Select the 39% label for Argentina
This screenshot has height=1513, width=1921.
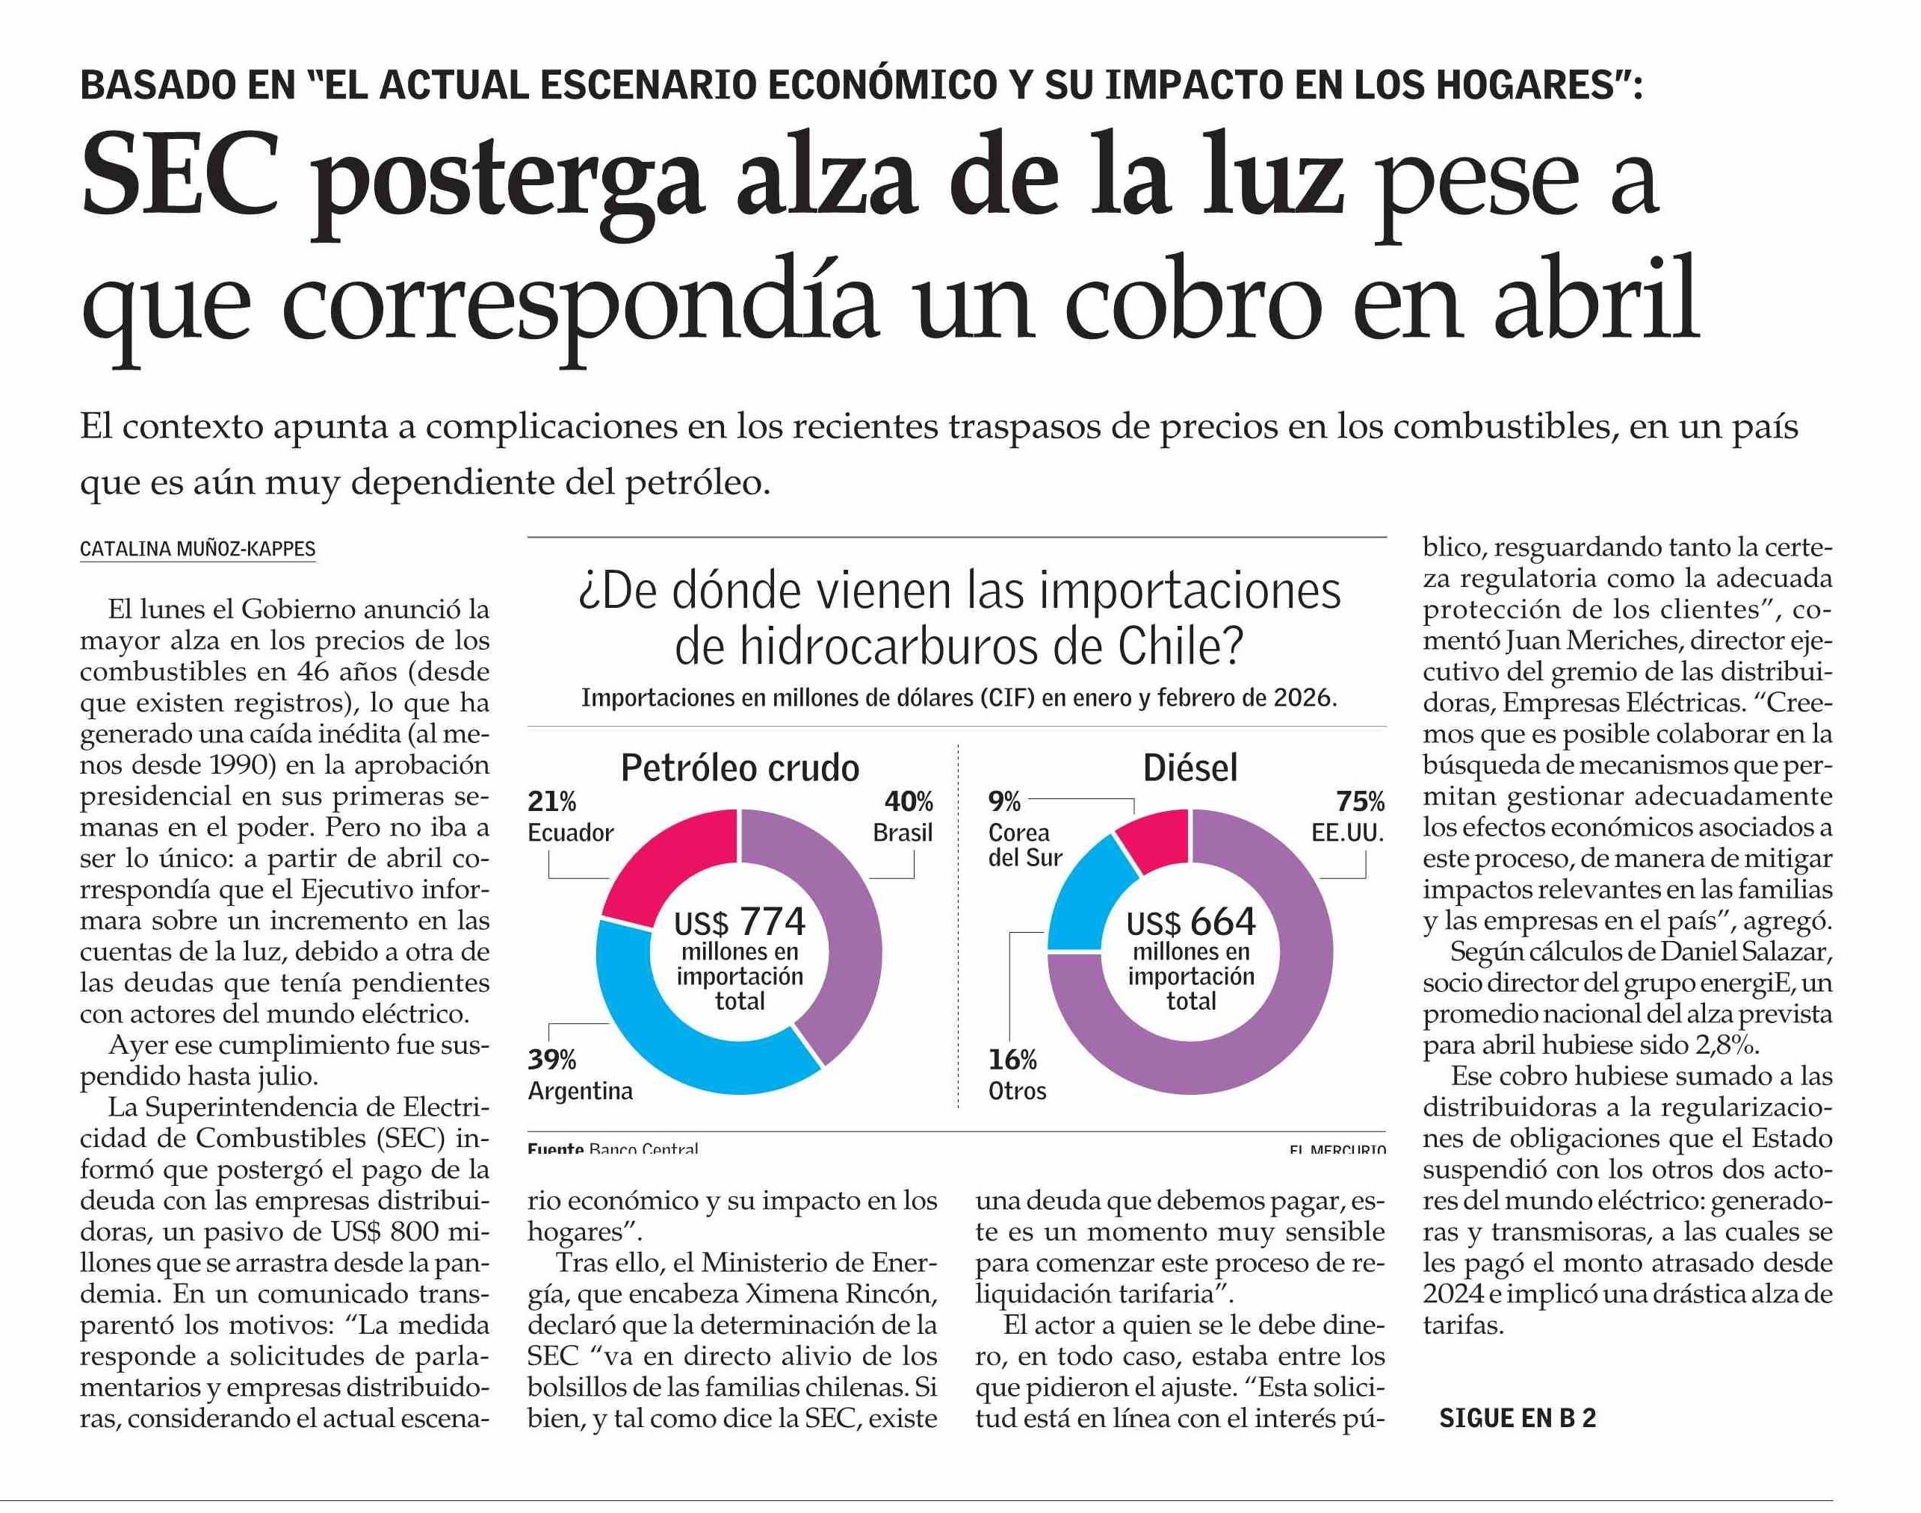[552, 1060]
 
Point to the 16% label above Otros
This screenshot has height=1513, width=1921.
[1012, 1060]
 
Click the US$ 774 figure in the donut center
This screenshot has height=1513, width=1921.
[740, 922]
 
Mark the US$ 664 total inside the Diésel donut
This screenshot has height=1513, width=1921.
[1191, 922]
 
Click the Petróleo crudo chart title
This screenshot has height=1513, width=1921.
[740, 768]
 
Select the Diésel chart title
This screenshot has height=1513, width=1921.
[1191, 768]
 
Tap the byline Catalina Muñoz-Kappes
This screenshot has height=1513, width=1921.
[197, 549]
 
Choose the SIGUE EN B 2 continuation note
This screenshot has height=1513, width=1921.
[1517, 1418]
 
